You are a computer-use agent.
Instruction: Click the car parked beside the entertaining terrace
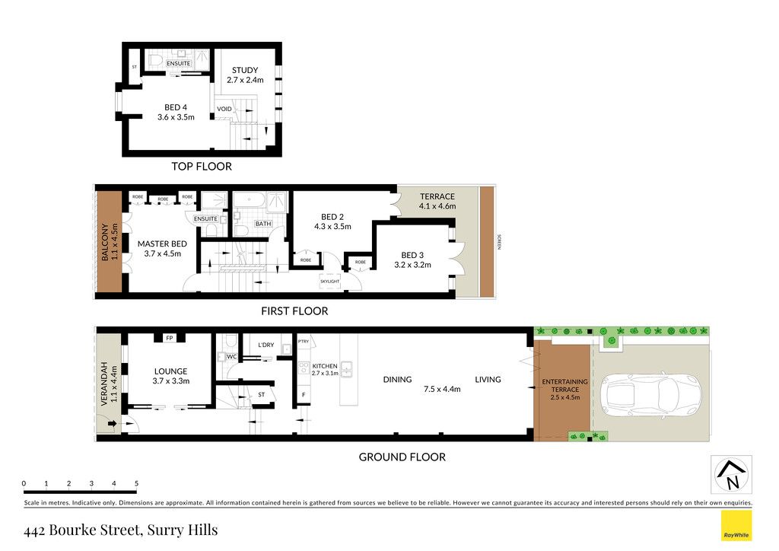point(651,393)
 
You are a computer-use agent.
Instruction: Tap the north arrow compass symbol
point(731,474)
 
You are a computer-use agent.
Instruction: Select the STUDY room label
point(245,70)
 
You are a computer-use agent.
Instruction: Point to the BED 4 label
point(176,107)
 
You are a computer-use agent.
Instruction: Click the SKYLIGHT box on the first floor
point(330,282)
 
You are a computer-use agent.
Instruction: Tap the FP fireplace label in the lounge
point(170,338)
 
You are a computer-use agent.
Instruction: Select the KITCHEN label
point(325,366)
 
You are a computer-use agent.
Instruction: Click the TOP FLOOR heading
point(202,167)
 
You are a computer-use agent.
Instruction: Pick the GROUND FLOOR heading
point(402,457)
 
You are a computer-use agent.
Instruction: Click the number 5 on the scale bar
point(136,483)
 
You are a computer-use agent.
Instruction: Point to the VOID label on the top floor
point(224,109)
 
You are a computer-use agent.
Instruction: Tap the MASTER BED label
point(162,244)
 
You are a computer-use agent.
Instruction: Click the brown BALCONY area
point(110,242)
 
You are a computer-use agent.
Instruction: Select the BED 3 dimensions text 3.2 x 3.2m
point(412,265)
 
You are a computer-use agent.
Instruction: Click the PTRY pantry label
point(303,342)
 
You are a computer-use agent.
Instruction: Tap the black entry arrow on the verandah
point(112,423)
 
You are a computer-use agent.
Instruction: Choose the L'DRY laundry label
point(265,345)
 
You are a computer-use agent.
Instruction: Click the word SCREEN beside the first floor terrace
point(499,241)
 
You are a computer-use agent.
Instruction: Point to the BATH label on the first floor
point(262,224)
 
